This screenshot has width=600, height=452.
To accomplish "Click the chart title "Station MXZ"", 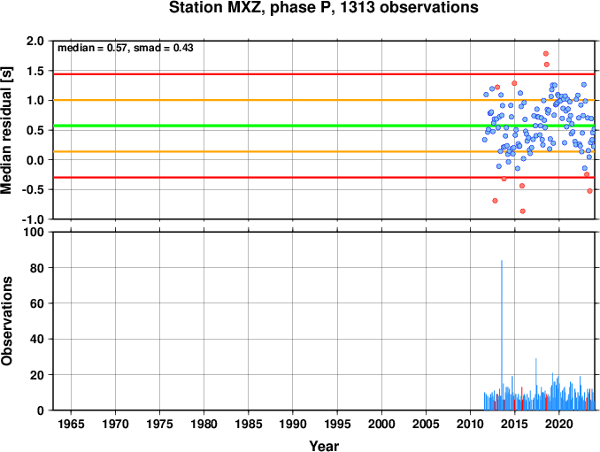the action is coord(218,8).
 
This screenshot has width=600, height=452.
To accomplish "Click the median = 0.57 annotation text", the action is coord(91,48).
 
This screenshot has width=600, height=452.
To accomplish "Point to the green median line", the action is coord(324,126).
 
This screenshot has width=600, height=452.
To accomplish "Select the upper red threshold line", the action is coord(324,73).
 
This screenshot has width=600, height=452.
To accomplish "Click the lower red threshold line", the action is coord(324,178).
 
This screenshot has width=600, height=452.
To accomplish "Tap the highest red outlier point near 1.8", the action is coord(546,54).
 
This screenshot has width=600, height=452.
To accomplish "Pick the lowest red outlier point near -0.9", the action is coord(523,211).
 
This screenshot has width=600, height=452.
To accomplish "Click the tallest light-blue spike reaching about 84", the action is coord(502,335).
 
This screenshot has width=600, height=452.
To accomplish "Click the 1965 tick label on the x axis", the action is coord(71,424).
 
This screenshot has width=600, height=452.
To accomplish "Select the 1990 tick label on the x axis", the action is coord(293,424).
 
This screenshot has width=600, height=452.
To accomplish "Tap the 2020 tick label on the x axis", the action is coord(559,424).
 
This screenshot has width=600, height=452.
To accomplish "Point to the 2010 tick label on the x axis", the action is coord(470,424).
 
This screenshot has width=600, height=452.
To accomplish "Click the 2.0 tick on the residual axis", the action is coord(35,41).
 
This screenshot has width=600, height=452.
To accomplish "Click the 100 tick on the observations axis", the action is coord(34,232).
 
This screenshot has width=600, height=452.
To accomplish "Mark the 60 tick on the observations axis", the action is coord(37,303).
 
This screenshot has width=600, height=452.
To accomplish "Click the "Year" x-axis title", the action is coord(324,446).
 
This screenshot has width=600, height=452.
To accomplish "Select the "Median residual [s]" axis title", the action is coord(6,131).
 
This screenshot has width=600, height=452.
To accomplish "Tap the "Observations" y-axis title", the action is coord(6,321).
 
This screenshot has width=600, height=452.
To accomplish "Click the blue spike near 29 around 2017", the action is coord(536,384).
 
